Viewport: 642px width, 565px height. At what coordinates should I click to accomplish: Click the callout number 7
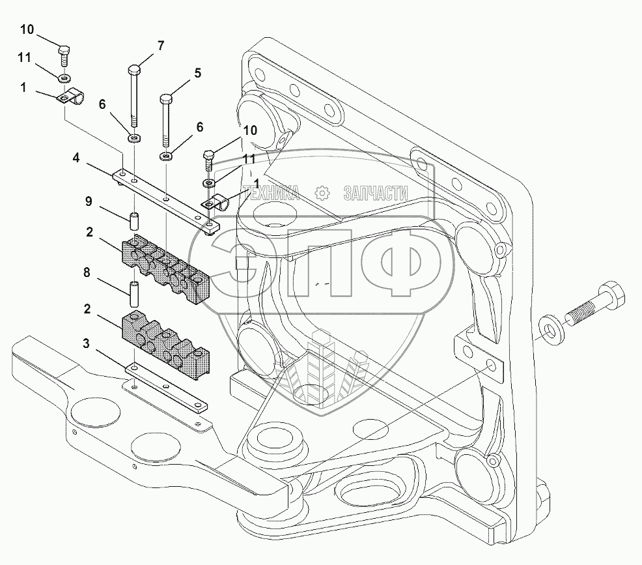pyautogui.click(x=161, y=46)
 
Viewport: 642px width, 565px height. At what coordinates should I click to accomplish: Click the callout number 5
pyautogui.click(x=198, y=74)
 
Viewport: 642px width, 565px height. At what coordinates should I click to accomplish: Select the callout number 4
pyautogui.click(x=76, y=158)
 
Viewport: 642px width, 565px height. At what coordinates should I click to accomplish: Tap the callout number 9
pyautogui.click(x=89, y=201)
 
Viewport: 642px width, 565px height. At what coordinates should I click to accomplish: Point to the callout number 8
pyautogui.click(x=87, y=272)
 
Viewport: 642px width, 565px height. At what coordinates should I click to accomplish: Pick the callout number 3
pyautogui.click(x=86, y=343)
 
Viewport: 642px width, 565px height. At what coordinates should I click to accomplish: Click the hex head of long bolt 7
pyautogui.click(x=134, y=70)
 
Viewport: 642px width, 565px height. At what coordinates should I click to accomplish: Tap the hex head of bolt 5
pyautogui.click(x=165, y=99)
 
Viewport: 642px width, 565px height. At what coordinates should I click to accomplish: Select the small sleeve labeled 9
pyautogui.click(x=135, y=221)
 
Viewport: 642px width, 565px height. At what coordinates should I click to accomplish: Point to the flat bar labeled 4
pyautogui.click(x=166, y=201)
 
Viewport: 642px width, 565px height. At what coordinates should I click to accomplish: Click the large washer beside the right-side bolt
pyautogui.click(x=550, y=329)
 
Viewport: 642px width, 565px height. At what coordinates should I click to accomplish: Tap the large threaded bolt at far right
pyautogui.click(x=595, y=306)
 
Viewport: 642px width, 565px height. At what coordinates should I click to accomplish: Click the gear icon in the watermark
pyautogui.click(x=323, y=193)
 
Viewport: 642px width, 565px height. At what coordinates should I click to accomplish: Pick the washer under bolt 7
pyautogui.click(x=135, y=138)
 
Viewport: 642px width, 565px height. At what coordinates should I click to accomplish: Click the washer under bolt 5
pyautogui.click(x=166, y=156)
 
